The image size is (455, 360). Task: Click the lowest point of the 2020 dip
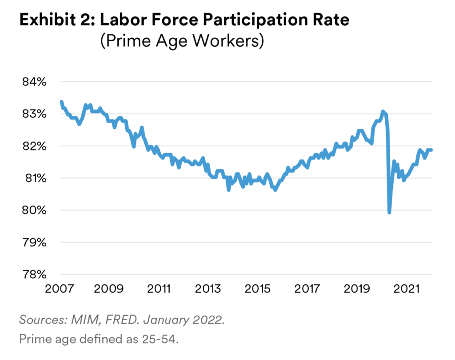[390, 213]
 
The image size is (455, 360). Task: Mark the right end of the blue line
[431, 150]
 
